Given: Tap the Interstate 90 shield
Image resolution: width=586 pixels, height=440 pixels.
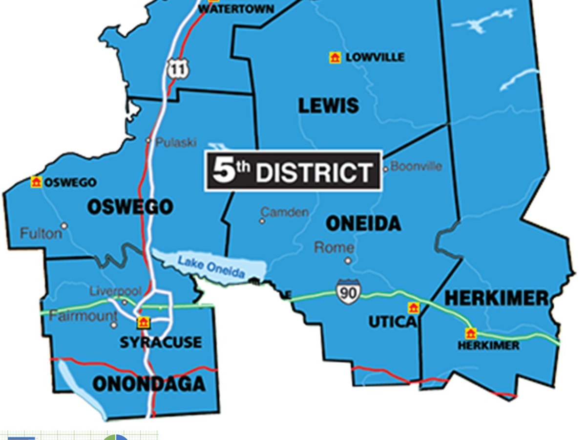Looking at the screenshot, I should [349, 291].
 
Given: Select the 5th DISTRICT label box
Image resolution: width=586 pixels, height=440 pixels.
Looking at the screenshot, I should [293, 171].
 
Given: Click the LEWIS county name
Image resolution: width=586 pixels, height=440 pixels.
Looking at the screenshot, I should [329, 106].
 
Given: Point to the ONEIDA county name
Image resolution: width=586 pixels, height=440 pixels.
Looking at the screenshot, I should [363, 224].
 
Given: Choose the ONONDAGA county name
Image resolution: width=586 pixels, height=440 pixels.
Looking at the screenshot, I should [149, 384].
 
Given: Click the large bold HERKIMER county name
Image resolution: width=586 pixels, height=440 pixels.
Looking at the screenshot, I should [497, 298].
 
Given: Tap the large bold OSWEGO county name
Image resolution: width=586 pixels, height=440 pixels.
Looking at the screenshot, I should [130, 207].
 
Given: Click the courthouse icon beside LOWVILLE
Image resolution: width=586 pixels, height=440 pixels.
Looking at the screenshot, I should [335, 58].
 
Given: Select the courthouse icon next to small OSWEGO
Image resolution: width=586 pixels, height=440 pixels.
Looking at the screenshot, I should [36, 182].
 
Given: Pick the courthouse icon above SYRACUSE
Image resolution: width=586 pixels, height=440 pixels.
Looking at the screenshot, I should [143, 323].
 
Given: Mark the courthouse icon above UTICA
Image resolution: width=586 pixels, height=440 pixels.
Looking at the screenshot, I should [414, 308].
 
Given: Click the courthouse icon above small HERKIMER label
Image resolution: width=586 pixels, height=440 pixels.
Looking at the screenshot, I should [470, 333].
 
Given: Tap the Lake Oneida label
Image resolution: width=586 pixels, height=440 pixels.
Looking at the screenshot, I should [211, 266].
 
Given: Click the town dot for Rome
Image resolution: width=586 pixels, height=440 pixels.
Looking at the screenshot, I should [348, 261].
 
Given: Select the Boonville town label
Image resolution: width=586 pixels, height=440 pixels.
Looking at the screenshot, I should [416, 166].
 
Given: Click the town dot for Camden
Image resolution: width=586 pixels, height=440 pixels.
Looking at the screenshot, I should [262, 221].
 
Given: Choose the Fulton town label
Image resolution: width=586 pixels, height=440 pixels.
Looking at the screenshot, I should [41, 234].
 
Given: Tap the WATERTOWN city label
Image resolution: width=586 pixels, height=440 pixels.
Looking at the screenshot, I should [236, 9].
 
